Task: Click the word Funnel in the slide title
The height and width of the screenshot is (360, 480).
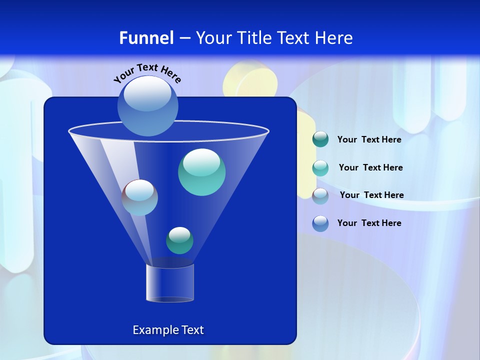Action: (x=146, y=38)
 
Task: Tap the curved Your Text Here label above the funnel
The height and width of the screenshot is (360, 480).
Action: (x=147, y=73)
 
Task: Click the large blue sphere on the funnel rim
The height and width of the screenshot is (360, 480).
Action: (x=148, y=106)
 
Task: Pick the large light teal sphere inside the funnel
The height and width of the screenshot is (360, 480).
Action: (x=201, y=172)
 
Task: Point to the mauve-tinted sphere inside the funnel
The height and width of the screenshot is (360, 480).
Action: (x=139, y=197)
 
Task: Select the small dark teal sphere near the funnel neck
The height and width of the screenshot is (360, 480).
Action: (x=179, y=240)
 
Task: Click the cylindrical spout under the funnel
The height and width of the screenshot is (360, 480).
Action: (x=170, y=283)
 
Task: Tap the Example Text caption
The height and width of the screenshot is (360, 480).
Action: (x=168, y=330)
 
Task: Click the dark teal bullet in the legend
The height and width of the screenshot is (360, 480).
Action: (x=320, y=139)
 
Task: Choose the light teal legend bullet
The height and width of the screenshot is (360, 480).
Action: (x=320, y=168)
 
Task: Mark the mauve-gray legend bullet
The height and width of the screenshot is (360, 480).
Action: (x=320, y=195)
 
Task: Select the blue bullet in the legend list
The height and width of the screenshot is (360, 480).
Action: (x=320, y=223)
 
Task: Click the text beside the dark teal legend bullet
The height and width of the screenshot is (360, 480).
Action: (x=369, y=140)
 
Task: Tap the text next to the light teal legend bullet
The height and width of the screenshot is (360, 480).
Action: (x=370, y=168)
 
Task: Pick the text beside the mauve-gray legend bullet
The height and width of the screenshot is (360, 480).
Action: (x=371, y=195)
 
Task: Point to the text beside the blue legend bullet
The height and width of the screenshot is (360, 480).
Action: (x=369, y=223)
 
